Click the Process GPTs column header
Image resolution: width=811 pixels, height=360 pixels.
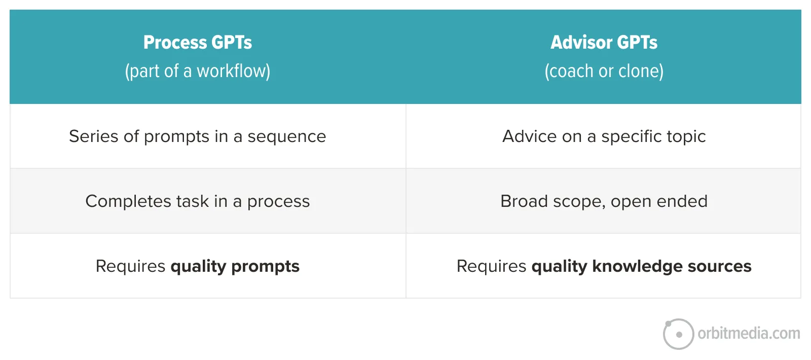coord(198,43)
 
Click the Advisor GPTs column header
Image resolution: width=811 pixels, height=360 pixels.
coord(604,43)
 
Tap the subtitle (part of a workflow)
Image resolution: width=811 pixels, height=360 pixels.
coord(198,71)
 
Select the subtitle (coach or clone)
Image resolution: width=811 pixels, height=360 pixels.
coord(604,71)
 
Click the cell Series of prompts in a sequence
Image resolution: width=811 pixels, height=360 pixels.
coord(198,136)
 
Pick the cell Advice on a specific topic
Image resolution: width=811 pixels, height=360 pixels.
coord(604,136)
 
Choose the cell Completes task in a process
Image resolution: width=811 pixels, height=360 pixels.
coord(198,201)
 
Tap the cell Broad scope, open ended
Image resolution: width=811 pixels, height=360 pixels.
coord(604,201)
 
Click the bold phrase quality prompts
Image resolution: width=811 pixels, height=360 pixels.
coord(235,267)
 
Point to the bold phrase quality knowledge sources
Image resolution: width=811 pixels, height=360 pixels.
coord(641,267)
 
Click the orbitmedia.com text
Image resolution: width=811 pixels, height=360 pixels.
coord(749,334)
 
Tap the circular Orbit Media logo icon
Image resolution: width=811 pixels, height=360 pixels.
coord(678,334)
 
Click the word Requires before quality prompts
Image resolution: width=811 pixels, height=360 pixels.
coord(130,266)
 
